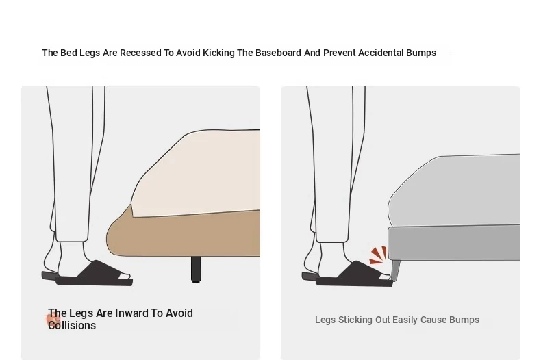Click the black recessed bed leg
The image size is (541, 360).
click(x=196, y=269)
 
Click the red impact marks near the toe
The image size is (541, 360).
click(x=379, y=255)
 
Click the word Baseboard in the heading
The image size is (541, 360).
click(x=278, y=53)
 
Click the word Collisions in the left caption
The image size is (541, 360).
click(x=72, y=326)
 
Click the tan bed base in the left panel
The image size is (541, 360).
click(x=184, y=235)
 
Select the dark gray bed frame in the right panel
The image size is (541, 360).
click(x=454, y=242)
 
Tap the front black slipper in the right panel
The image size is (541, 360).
click(x=354, y=274)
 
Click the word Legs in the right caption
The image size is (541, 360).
click(x=325, y=320)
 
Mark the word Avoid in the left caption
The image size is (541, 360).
click(x=179, y=313)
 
